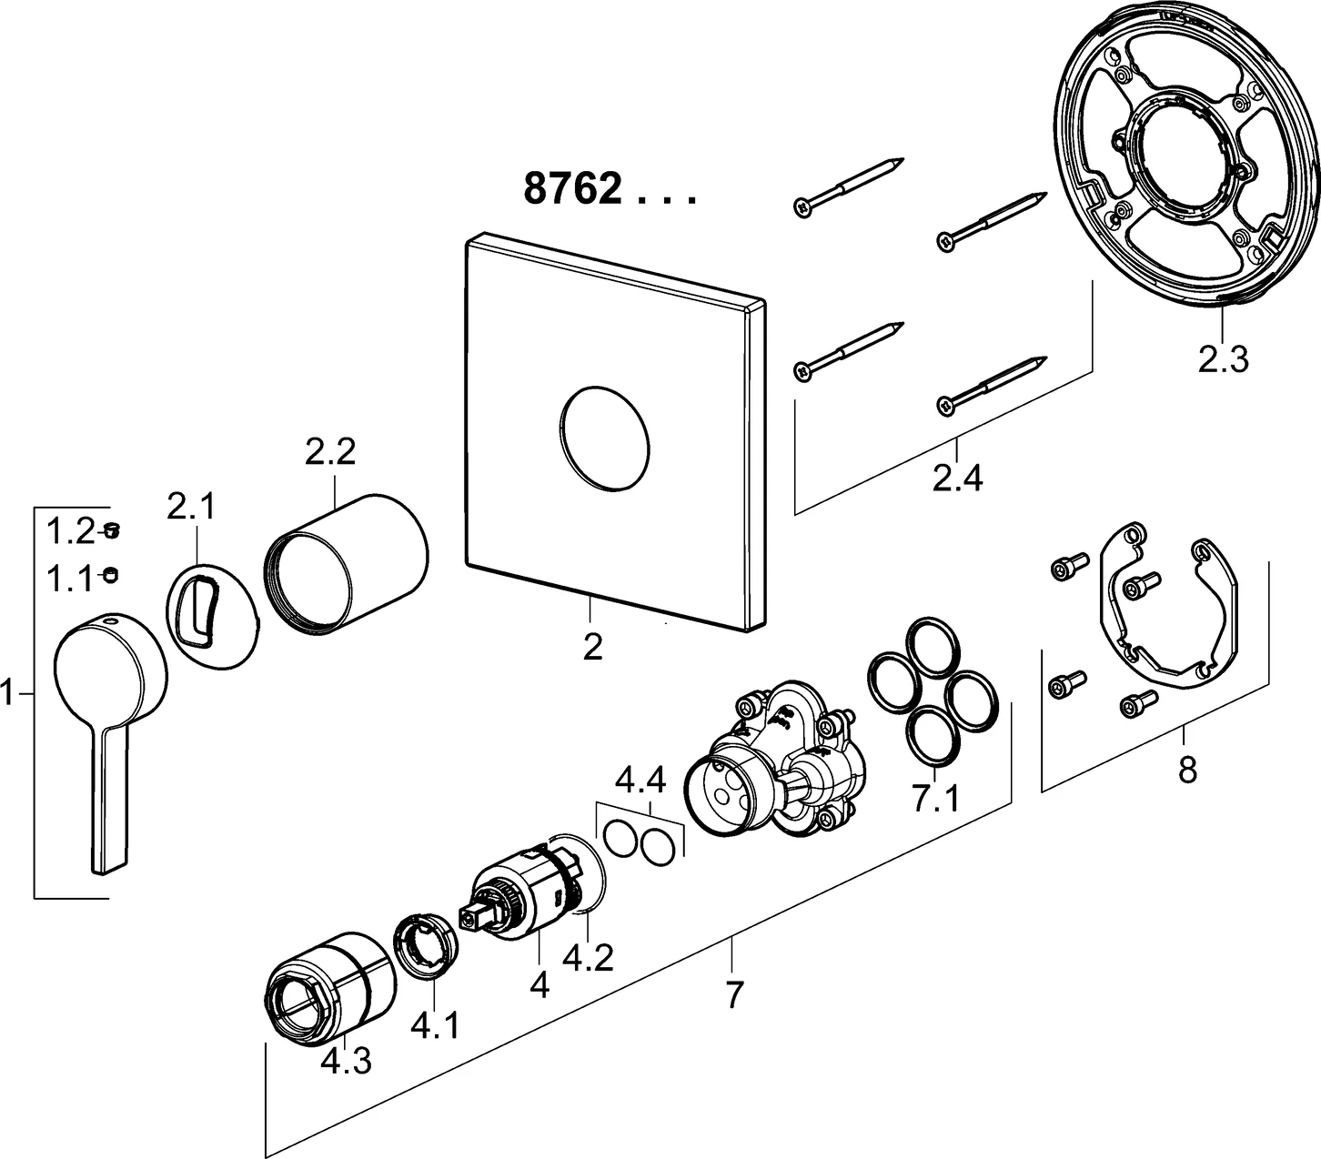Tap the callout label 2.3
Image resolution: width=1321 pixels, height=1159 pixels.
click(x=1223, y=360)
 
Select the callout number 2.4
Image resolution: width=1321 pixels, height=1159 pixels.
click(x=958, y=477)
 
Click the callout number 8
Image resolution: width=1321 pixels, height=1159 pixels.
click(x=1186, y=771)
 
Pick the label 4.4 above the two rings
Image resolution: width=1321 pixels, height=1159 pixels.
click(x=640, y=781)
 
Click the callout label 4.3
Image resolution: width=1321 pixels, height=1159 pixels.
click(x=346, y=1061)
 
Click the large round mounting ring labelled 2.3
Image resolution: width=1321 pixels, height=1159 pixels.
click(x=1183, y=155)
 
